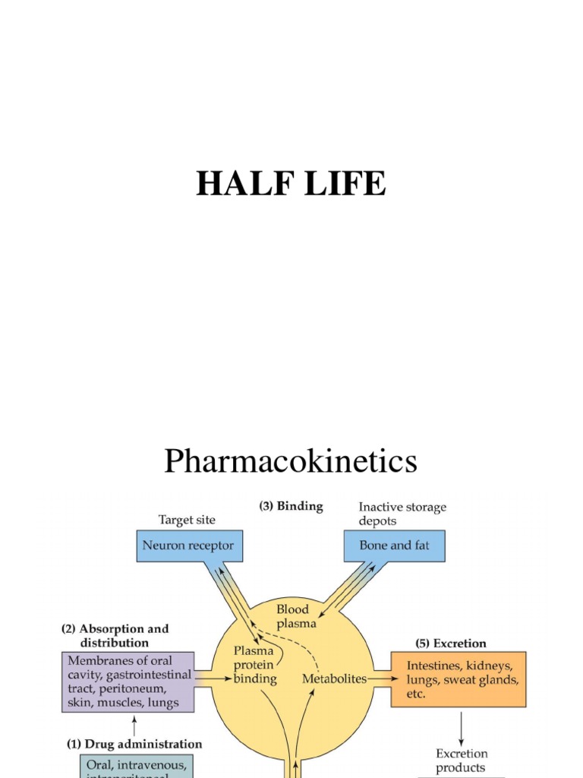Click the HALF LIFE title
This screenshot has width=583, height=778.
click(291, 183)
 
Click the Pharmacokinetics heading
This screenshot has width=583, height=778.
click(291, 460)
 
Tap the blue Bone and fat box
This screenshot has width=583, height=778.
click(394, 546)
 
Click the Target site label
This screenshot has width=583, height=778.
click(187, 520)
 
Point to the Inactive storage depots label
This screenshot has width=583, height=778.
click(402, 514)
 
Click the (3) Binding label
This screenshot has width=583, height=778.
click(291, 506)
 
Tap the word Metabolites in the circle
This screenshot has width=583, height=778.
click(335, 678)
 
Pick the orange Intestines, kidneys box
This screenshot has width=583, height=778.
click(458, 679)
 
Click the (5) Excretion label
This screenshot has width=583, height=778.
click(451, 644)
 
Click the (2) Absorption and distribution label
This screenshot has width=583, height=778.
click(115, 636)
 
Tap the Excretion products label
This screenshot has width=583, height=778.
click(462, 761)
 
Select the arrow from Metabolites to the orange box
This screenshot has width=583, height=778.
click(380, 678)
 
